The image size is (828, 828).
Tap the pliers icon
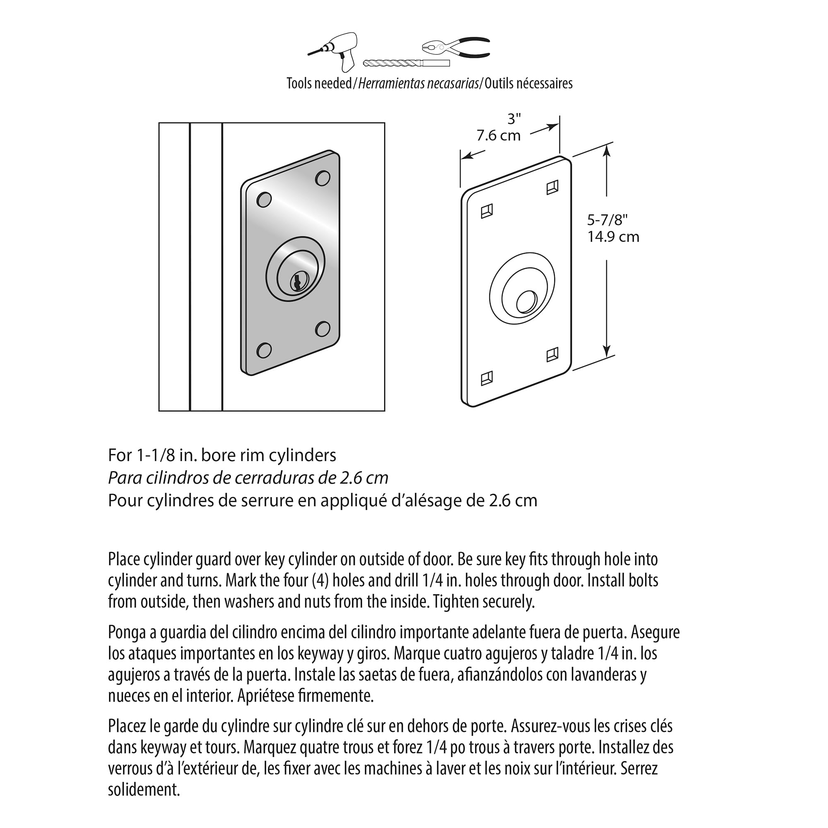pos(456,47)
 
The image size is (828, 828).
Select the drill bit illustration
pos(406,63)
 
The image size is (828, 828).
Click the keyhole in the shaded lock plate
pos(296,282)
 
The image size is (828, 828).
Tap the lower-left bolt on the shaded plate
pos(264,350)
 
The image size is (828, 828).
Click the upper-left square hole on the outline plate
pos(487,211)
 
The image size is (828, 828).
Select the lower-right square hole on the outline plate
pos(552,354)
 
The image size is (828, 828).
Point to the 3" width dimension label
pos(514,119)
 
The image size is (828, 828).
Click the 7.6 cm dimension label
pos(498,136)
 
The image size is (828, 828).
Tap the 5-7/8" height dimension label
pos(607,220)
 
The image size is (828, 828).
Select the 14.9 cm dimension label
pos(613,236)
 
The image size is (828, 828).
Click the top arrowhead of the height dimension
pos(607,150)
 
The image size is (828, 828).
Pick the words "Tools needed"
pos(319,83)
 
